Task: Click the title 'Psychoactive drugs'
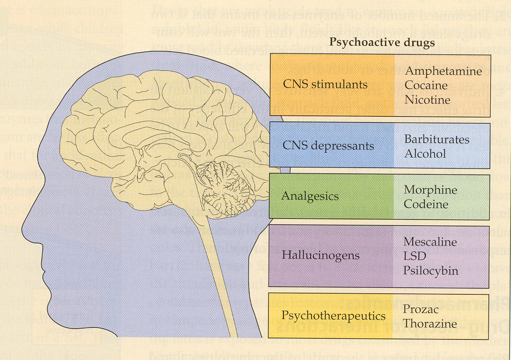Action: (382, 43)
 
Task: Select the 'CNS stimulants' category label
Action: (325, 85)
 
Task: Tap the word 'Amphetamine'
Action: (443, 71)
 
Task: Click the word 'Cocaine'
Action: (426, 86)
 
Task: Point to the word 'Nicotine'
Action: (427, 100)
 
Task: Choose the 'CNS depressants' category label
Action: (328, 146)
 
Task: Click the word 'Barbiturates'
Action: (436, 139)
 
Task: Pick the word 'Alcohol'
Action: (425, 154)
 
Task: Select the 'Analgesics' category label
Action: (310, 196)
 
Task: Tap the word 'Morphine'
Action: (430, 190)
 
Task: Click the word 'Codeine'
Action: (426, 204)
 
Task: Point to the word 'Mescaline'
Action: (430, 242)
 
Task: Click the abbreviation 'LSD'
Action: (415, 256)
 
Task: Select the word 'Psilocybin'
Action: (431, 271)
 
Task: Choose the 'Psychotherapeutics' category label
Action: (333, 316)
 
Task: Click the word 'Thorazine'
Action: (430, 323)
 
